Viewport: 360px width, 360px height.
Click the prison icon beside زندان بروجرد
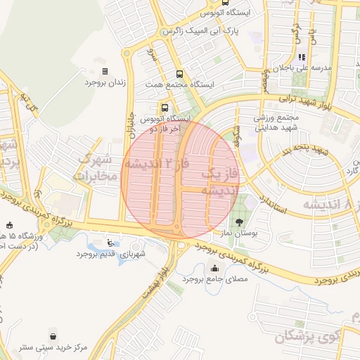[105, 71]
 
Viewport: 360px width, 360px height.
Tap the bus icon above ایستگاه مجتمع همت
[179, 74]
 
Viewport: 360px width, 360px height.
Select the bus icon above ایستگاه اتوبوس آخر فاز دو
[165, 108]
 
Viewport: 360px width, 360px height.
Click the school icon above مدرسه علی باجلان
[302, 58]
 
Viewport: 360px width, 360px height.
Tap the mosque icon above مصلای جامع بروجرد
[214, 268]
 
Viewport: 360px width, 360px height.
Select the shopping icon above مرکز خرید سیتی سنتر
[53, 335]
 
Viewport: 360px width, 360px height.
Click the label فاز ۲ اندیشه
[157, 163]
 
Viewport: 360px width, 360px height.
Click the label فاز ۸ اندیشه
[330, 203]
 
